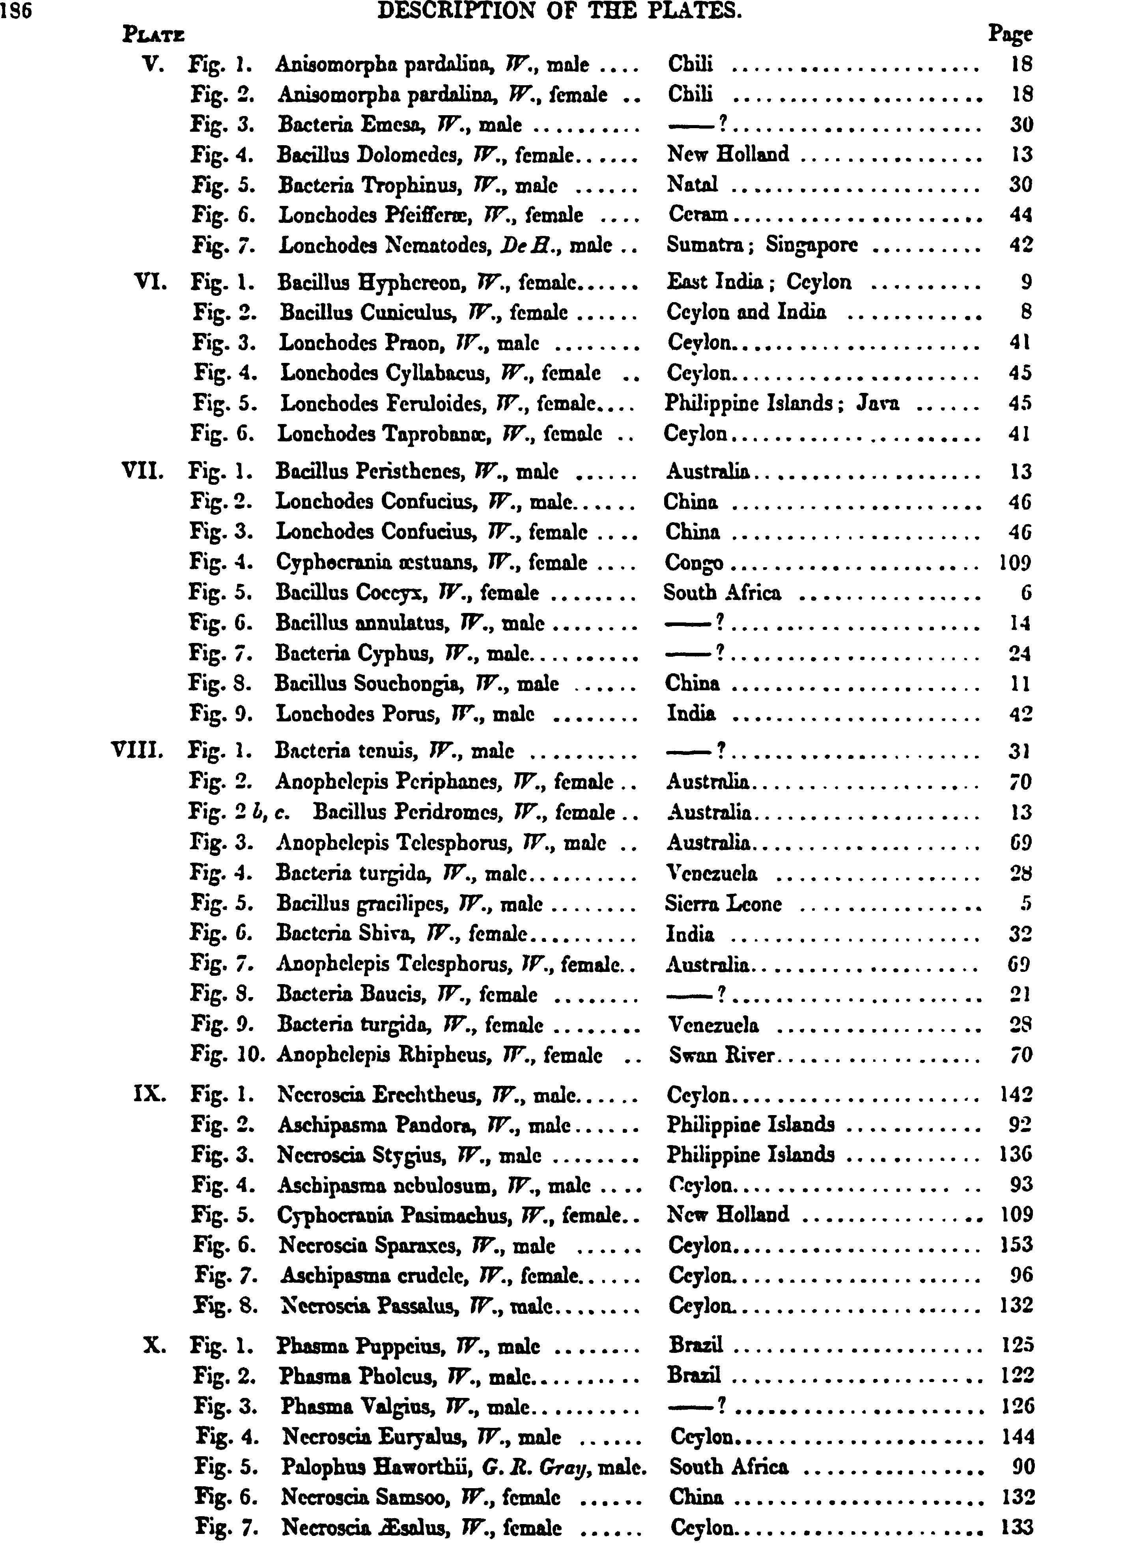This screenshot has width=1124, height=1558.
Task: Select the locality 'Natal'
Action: pyautogui.click(x=693, y=185)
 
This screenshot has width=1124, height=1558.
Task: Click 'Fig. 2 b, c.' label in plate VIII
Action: pyautogui.click(x=238, y=813)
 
